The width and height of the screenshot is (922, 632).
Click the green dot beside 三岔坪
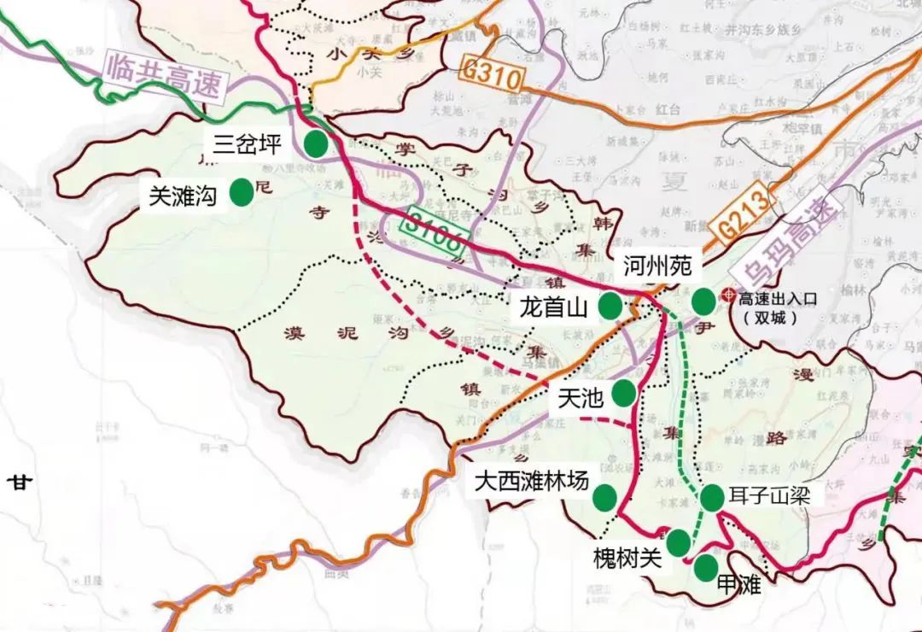coord(317,143)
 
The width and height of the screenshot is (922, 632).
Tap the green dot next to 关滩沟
coord(242,192)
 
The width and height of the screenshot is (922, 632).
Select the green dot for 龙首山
coord(610,306)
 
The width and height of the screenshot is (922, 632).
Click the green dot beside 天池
coord(623,393)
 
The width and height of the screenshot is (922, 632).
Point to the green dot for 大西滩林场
coord(606,496)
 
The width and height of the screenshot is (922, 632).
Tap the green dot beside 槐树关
coord(678,542)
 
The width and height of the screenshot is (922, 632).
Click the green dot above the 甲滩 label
coord(705,568)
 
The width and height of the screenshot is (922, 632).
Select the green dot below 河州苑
coord(703,301)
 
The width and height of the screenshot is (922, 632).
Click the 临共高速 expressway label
coord(165,75)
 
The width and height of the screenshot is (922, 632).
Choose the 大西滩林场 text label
coord(532,482)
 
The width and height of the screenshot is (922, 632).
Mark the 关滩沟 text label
coord(183,196)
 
